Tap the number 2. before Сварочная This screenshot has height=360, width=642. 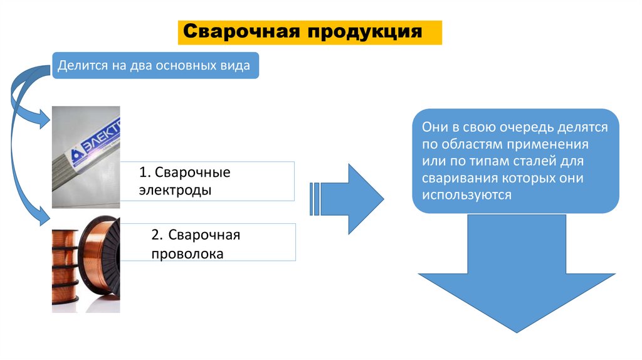click(157, 235)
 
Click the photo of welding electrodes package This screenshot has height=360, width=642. click(87, 157)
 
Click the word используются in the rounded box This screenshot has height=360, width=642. click(467, 195)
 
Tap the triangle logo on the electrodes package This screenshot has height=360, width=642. click(76, 153)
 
